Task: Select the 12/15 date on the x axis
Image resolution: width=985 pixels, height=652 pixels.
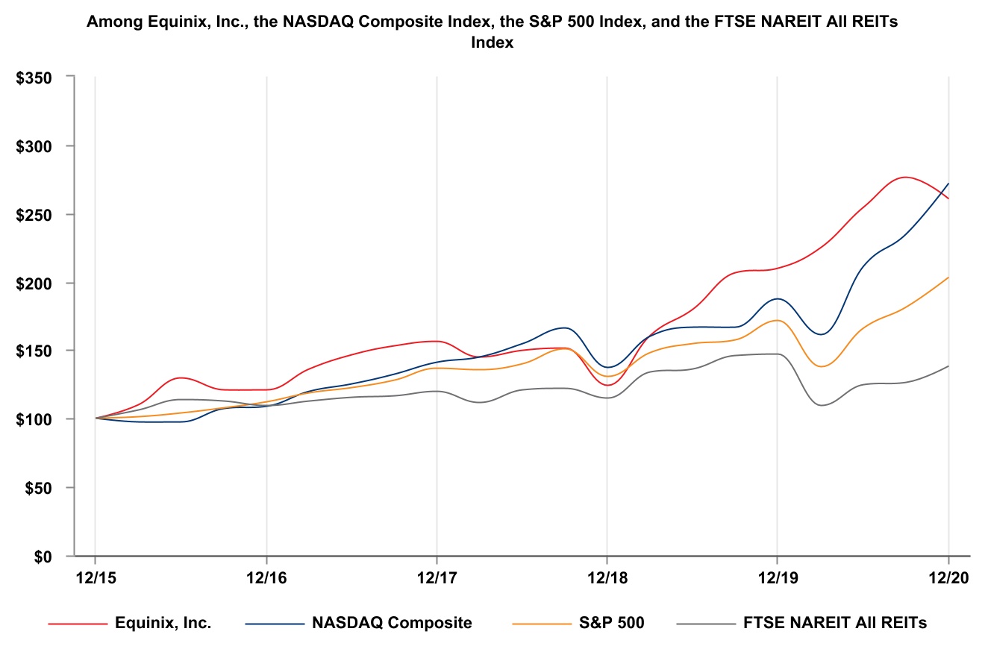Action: (96, 578)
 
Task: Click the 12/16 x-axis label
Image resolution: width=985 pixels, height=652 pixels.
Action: (266, 578)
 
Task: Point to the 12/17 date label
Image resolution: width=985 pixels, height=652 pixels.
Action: (437, 578)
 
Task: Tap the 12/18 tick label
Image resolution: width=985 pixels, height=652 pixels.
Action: (607, 578)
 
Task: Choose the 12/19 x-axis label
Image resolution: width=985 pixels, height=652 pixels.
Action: (778, 578)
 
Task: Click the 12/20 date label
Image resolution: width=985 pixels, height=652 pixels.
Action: (948, 578)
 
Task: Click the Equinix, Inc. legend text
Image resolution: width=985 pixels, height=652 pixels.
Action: (163, 623)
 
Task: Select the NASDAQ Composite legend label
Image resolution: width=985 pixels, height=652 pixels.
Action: (392, 623)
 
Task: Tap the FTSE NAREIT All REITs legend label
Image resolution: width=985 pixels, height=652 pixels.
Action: (835, 623)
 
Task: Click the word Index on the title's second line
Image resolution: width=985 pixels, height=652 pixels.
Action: (492, 43)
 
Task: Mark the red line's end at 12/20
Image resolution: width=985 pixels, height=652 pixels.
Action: (948, 198)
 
